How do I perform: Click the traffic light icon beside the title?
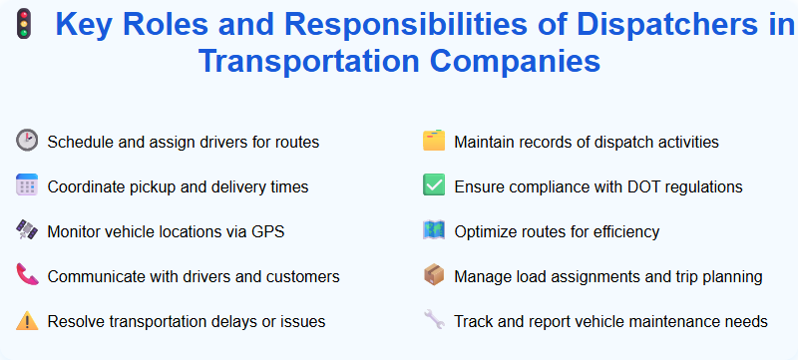tap(21, 21)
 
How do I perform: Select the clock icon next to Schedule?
tap(26, 141)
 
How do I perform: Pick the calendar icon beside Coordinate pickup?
tap(26, 185)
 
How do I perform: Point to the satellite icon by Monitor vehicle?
tap(26, 230)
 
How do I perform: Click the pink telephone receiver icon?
tap(26, 275)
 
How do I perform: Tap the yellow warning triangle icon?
tap(26, 320)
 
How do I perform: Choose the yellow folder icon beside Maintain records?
tap(433, 141)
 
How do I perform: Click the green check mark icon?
tap(433, 185)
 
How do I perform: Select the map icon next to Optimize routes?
tap(433, 230)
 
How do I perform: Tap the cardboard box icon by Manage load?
tap(433, 275)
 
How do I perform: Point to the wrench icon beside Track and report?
tap(433, 320)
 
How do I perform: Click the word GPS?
tap(266, 232)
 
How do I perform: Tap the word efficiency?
tap(624, 232)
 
